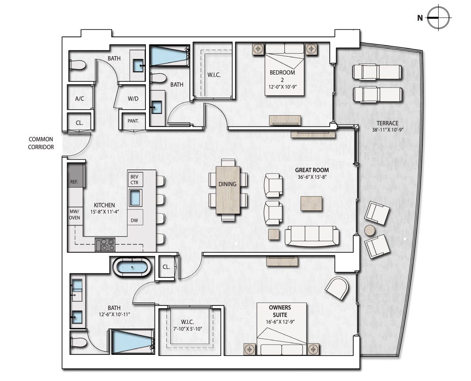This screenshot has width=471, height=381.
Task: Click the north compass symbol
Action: tap(438, 18)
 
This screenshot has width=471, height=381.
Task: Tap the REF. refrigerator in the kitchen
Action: tap(76, 176)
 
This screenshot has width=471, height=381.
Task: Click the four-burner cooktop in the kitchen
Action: tap(105, 244)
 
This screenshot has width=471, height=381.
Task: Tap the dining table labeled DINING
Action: tap(228, 190)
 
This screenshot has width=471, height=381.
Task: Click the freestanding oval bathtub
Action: tap(131, 268)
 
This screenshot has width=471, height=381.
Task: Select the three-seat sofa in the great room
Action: tap(312, 235)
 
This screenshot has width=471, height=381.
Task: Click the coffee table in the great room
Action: tap(311, 203)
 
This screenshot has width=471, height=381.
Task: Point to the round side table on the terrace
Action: tap(370, 230)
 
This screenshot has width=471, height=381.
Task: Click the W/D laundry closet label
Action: tap(133, 98)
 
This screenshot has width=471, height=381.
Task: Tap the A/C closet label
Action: tap(80, 98)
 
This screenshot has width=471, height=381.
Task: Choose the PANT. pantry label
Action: tap(133, 121)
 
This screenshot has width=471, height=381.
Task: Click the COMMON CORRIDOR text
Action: tap(41, 143)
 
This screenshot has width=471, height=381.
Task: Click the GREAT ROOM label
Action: tap(312, 170)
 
